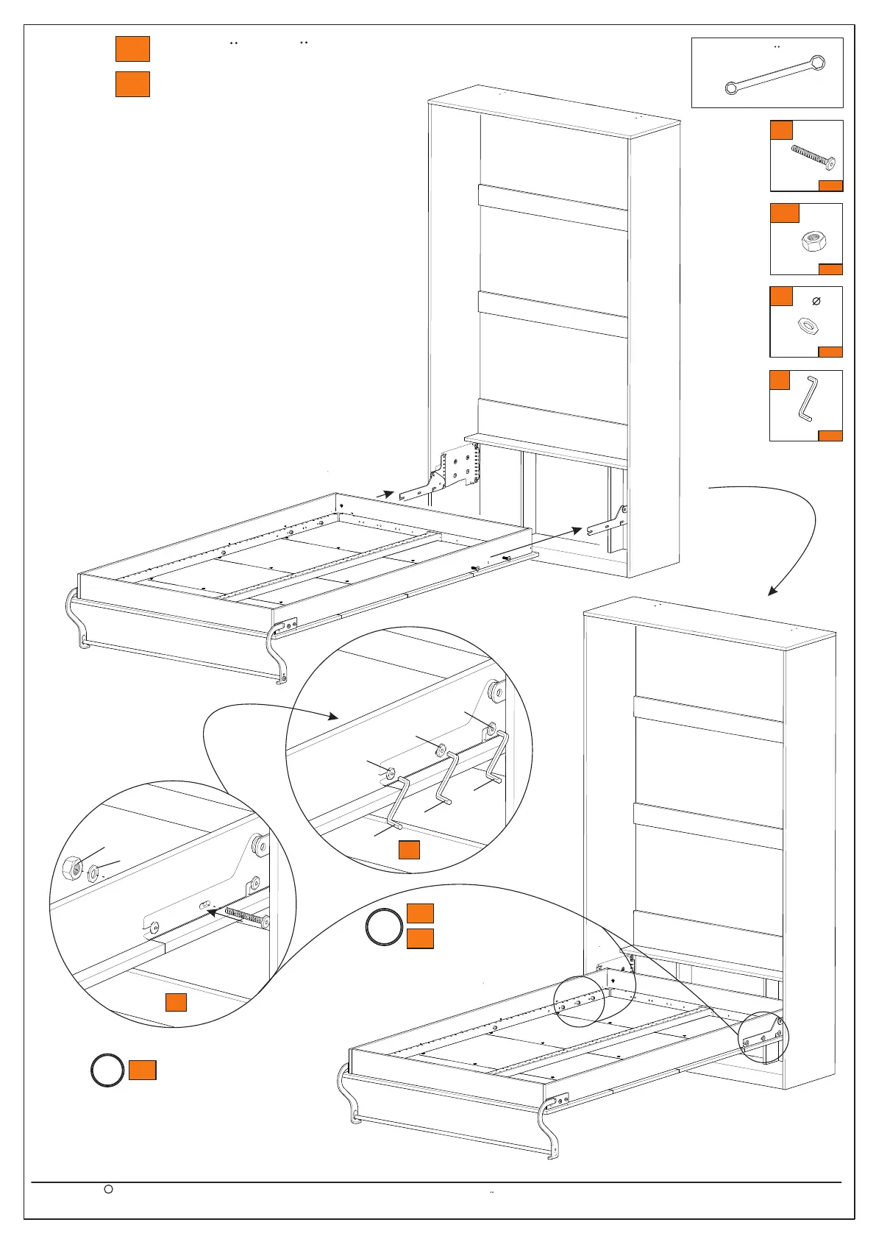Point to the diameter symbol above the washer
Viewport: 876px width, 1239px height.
coord(816,301)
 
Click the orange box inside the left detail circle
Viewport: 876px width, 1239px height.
coord(176,1001)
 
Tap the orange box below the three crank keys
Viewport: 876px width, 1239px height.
coord(409,849)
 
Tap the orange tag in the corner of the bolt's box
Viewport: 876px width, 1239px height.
coord(830,185)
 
